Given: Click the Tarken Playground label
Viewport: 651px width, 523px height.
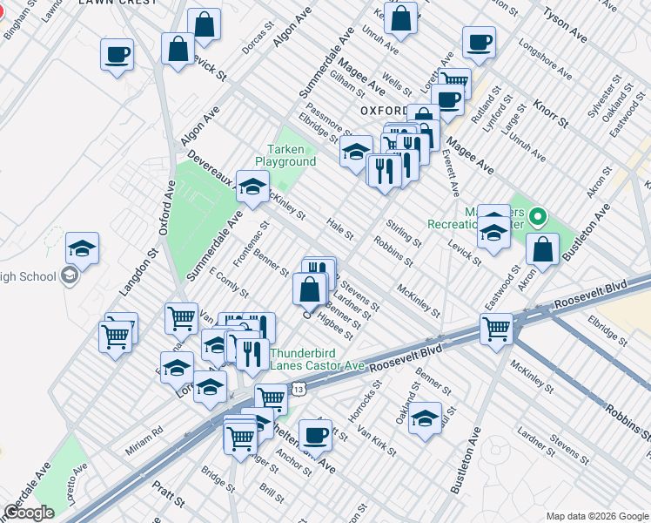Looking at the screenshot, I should coord(285,155).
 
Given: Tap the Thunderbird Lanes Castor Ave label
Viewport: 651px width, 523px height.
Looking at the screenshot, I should coord(317,360).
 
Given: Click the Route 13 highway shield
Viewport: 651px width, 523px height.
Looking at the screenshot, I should coord(299,389).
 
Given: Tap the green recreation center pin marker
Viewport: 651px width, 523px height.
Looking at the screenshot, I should coord(538,216).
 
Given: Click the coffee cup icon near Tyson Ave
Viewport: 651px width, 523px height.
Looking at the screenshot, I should coord(478,41).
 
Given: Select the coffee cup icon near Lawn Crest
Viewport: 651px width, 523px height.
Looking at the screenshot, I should coord(117,55).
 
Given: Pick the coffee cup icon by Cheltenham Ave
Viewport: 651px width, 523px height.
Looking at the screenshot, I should coord(314,434).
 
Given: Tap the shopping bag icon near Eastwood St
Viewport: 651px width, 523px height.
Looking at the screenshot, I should coord(542,250).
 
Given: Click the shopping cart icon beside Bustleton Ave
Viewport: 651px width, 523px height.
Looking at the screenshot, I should coord(496,329).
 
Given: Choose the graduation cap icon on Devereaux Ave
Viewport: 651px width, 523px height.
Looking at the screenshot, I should coord(252,187).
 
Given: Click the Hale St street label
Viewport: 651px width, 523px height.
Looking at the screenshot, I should coord(339,229).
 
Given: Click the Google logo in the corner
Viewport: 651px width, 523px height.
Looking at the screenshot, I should coord(29,513).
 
